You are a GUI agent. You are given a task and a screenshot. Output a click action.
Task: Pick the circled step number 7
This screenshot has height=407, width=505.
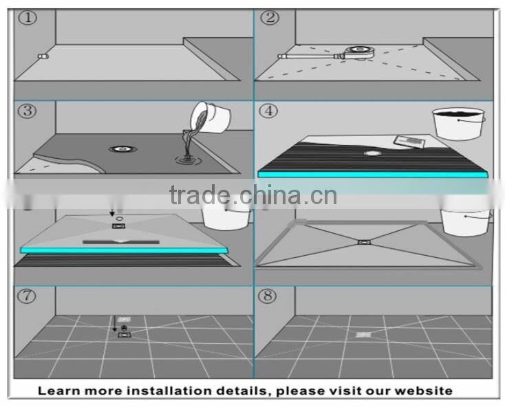pos(27,296)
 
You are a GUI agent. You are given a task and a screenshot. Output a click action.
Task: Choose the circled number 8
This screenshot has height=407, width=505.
pos(268,296)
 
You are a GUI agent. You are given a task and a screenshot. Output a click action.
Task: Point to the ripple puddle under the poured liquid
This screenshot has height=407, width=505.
pos(186,161)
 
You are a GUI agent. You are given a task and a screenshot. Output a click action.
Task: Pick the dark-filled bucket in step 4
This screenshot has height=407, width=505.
pos(458,124)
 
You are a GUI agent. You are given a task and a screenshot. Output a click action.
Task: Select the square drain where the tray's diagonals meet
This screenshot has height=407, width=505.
pos(363,241)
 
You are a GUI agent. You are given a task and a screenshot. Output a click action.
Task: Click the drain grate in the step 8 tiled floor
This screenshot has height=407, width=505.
pos(363,334)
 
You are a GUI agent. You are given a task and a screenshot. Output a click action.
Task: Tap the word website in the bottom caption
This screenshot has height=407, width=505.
pos(425,390)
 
